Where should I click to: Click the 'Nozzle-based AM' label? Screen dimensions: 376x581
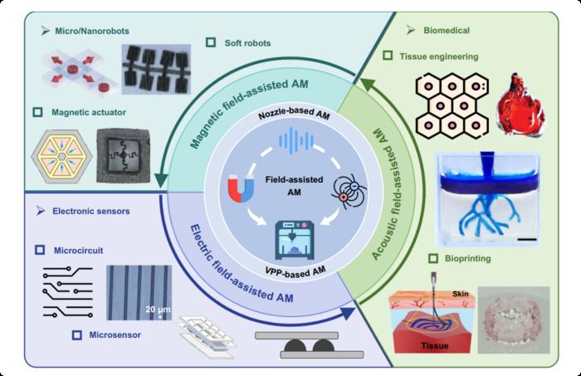coord(290,116)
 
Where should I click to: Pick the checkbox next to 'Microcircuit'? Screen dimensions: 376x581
coord(39,249)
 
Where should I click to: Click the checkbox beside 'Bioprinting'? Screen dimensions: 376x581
coord(388,260)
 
